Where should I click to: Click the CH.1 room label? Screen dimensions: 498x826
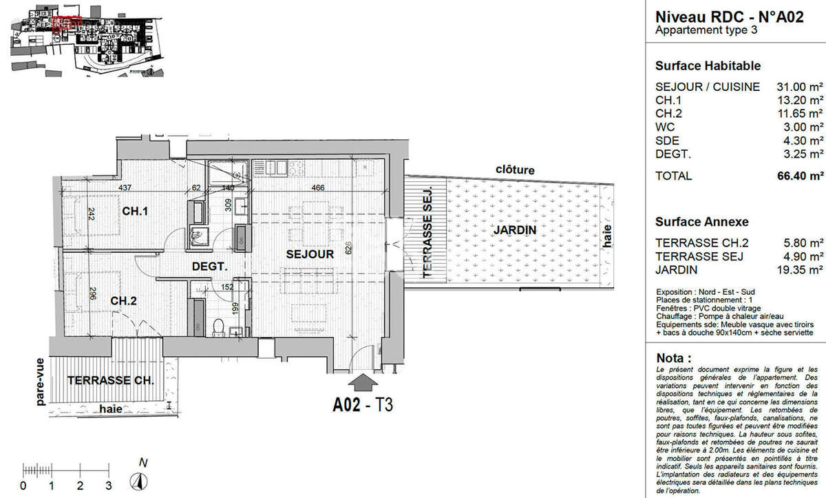pyautogui.click(x=136, y=211)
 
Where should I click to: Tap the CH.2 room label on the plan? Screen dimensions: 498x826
pyautogui.click(x=125, y=300)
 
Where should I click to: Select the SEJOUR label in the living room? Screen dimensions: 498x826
pyautogui.click(x=310, y=254)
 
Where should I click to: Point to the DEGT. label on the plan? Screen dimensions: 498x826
pyautogui.click(x=209, y=266)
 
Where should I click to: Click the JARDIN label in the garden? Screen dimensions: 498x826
pyautogui.click(x=514, y=229)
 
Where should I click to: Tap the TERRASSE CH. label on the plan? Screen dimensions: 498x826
pyautogui.click(x=110, y=380)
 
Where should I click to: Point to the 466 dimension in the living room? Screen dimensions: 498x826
pyautogui.click(x=318, y=187)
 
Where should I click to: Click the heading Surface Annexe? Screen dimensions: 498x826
pyautogui.click(x=701, y=222)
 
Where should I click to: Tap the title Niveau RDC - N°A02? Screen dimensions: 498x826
pyautogui.click(x=729, y=17)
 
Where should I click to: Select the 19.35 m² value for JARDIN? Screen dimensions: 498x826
pyautogui.click(x=803, y=270)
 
